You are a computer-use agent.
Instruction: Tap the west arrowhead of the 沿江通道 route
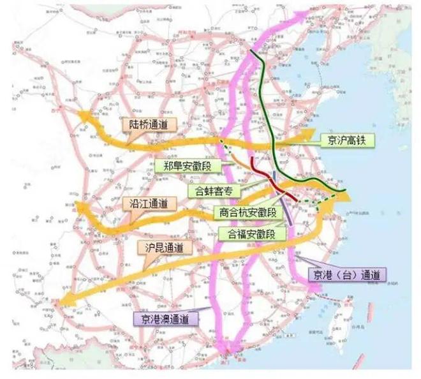coord(80,207)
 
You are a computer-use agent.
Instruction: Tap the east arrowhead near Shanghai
coord(348,198)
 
